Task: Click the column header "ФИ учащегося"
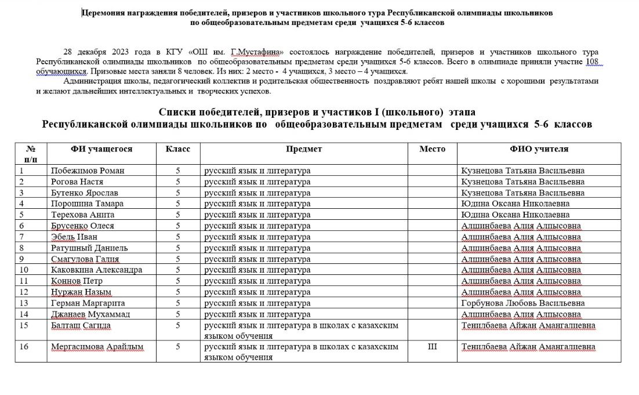click(101, 149)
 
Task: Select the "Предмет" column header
click(304, 149)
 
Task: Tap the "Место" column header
click(433, 149)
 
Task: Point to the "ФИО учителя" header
click(539, 149)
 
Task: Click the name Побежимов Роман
click(88, 171)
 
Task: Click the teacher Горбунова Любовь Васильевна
click(522, 303)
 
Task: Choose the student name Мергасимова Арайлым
click(97, 347)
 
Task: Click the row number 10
click(24, 270)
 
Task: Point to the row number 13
click(24, 303)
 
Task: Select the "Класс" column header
click(178, 149)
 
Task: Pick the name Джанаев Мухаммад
click(90, 314)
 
